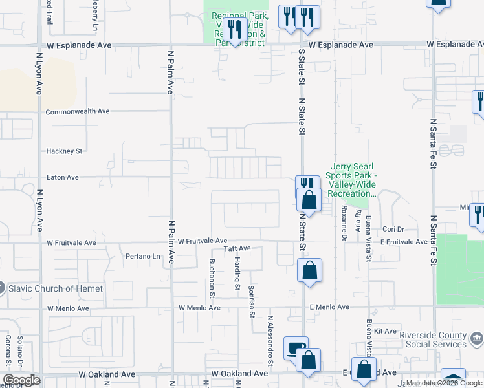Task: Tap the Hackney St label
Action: pos(64,151)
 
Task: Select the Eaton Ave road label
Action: pos(62,177)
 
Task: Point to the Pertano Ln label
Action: pos(142,257)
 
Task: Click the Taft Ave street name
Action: pos(237,248)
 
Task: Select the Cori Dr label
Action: pos(393,229)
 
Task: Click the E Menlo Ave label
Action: pos(329,307)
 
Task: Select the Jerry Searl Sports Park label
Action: pos(353,180)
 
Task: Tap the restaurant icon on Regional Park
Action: pos(234,30)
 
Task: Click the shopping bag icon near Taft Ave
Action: pos(310,270)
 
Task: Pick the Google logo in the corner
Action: pos(21,380)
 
